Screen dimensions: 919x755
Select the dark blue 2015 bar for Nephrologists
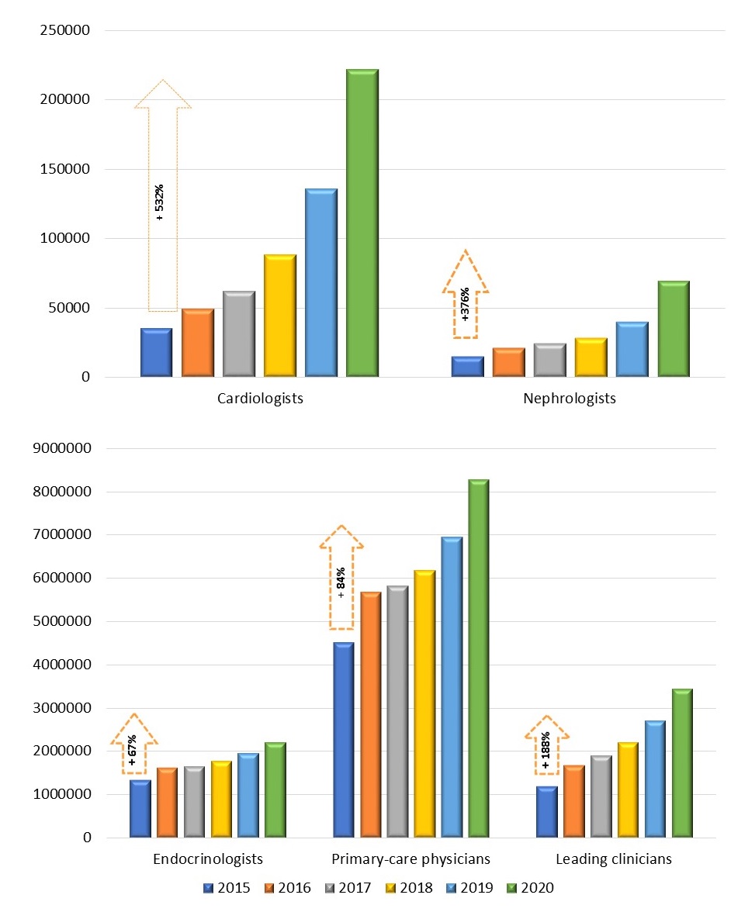coord(467,367)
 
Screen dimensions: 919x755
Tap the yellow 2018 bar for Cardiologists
coord(279,316)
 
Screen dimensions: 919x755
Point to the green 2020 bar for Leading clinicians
coord(681,763)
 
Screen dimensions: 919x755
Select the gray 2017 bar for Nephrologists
coord(549,361)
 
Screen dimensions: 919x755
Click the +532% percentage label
coord(160,203)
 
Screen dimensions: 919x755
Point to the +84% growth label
coord(341,583)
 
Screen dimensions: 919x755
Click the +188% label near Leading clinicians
coord(546,750)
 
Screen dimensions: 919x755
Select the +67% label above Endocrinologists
coord(133,750)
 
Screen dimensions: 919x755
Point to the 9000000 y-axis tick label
coord(60,448)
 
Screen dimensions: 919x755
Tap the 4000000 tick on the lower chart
coord(60,665)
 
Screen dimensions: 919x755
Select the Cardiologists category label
coord(260,399)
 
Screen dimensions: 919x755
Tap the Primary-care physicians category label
coord(410,859)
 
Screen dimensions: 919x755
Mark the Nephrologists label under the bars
coord(570,399)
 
